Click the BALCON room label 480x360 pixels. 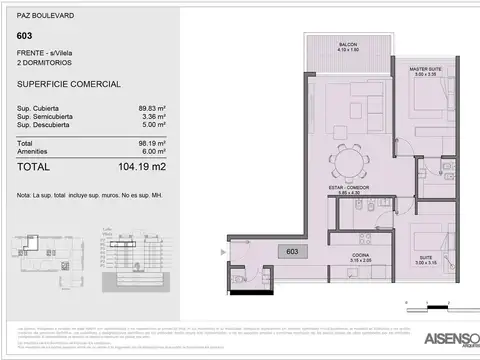(348, 46)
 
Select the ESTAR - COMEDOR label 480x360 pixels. (346, 188)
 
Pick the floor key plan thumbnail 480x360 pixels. (49, 255)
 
